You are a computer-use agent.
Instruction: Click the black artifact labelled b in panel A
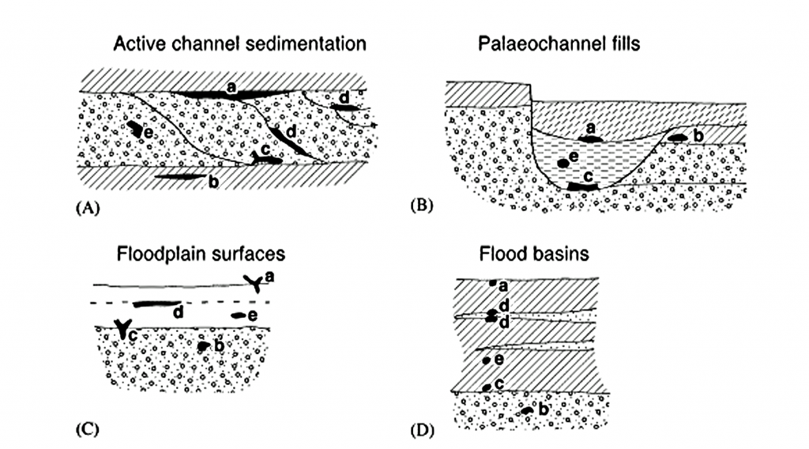(x=178, y=176)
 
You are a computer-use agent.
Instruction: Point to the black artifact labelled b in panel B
(x=678, y=138)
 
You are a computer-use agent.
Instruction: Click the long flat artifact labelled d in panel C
(x=155, y=303)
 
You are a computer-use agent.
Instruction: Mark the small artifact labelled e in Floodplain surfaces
(x=238, y=315)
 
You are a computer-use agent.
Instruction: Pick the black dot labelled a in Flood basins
(x=493, y=282)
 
